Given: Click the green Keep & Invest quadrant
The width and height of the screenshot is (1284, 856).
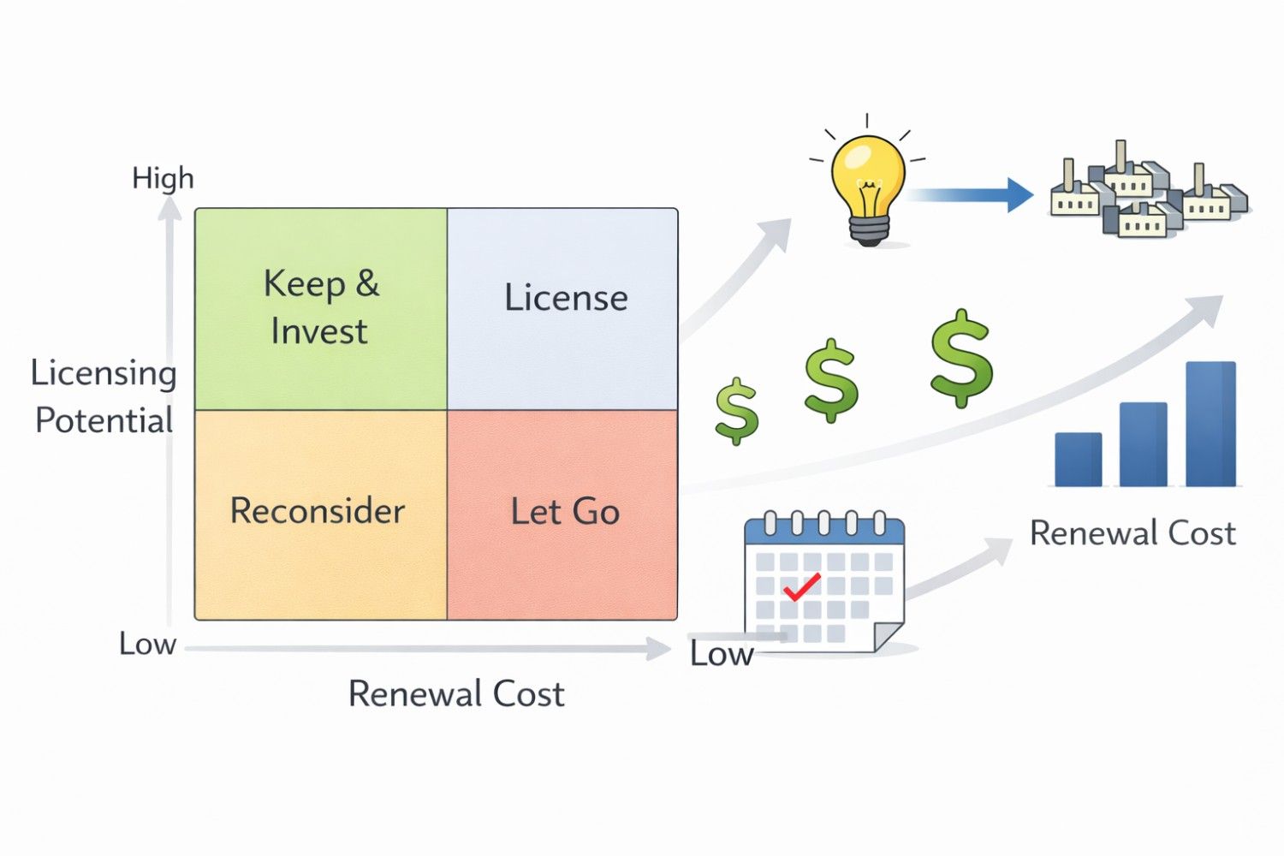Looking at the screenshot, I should [321, 308].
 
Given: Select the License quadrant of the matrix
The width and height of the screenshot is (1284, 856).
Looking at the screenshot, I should [563, 308].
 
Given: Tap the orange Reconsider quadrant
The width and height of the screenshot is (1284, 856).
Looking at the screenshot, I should [321, 514].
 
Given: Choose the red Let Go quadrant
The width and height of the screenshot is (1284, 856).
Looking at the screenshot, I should [563, 514].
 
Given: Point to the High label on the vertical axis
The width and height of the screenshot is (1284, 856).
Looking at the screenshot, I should [163, 178].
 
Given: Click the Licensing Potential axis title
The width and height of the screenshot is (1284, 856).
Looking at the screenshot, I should [104, 396].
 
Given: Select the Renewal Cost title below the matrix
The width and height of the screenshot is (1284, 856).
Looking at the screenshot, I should [456, 693].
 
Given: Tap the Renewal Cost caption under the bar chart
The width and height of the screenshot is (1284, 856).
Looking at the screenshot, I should [1132, 533].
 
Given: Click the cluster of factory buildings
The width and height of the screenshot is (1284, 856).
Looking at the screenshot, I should [1147, 193].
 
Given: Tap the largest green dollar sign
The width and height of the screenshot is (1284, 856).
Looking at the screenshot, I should [961, 358].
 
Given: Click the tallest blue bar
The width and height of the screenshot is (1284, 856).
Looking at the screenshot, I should [1210, 424].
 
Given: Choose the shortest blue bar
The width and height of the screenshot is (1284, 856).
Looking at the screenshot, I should [1079, 459].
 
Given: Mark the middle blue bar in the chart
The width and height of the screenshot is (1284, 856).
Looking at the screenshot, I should [1144, 443].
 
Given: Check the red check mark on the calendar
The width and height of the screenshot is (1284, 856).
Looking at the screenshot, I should [801, 587].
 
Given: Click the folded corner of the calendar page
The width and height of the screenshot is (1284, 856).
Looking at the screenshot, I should [887, 637].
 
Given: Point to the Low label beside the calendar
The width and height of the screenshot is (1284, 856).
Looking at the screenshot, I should [722, 654].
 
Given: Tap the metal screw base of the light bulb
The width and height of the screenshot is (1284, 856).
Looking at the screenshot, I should [869, 229].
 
